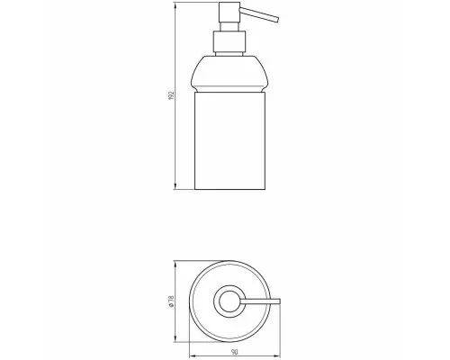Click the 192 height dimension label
point(172,95)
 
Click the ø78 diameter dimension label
point(172,301)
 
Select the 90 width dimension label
point(235,352)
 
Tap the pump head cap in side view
point(229,12)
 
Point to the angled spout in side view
point(259,14)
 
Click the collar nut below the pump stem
point(229,41)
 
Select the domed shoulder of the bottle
point(229,71)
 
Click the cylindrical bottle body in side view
point(229,140)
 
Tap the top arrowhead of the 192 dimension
point(175,4)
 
